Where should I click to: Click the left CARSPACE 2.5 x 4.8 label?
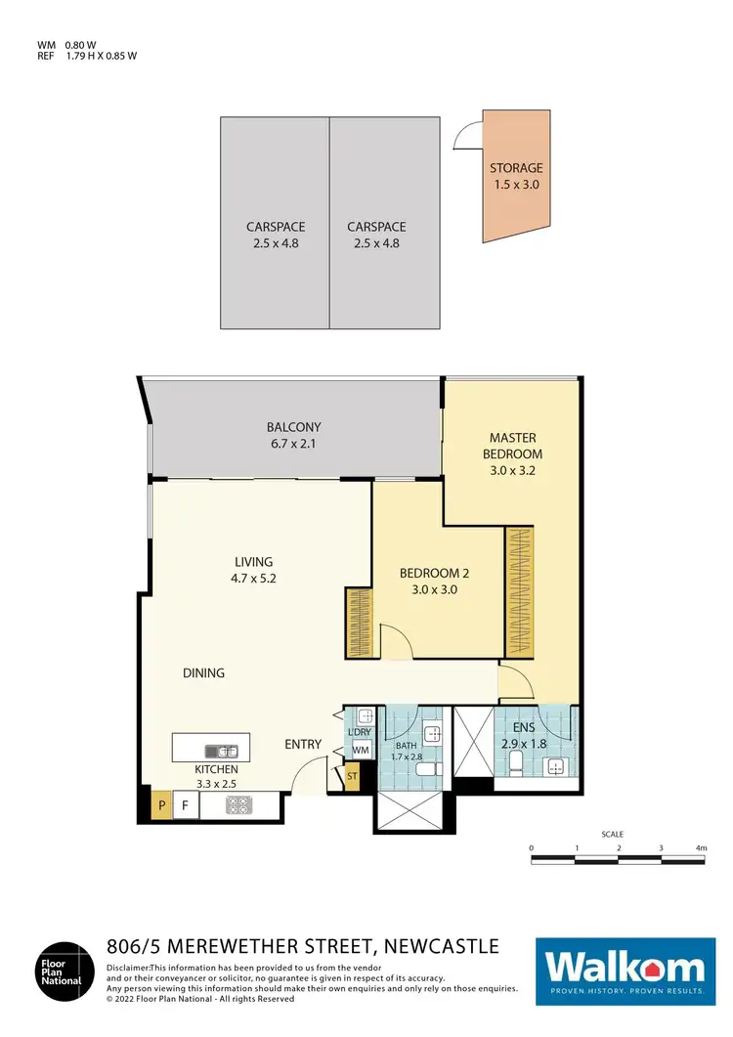pos(273,235)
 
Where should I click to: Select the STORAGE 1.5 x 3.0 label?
pos(515,176)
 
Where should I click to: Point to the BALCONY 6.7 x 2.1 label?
pos(294,435)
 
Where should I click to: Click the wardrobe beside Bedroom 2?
pos(358,623)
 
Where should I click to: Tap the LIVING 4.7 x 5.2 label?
pos(253,570)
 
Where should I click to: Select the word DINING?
pos(203,672)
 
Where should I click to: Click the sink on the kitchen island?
pos(221,751)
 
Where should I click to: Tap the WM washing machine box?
pos(359,749)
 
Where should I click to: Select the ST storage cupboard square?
pos(353,777)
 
